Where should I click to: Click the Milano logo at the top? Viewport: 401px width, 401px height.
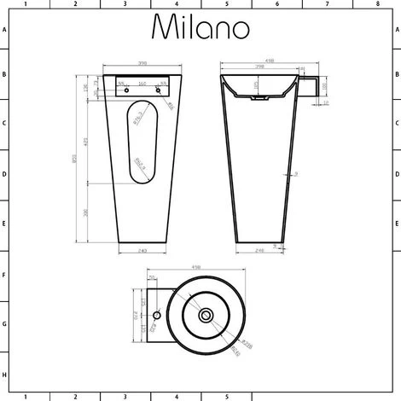[x=200, y=27]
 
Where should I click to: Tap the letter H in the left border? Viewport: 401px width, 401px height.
[x=4, y=375]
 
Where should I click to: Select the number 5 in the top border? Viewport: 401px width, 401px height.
[x=226, y=4]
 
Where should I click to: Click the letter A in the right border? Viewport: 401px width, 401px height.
[x=397, y=28]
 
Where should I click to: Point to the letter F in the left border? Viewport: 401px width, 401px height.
[x=4, y=276]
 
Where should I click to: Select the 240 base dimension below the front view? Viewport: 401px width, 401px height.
[x=142, y=250]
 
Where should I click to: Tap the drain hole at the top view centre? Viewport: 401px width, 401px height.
[x=205, y=316]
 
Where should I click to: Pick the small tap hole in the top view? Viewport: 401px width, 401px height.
[x=157, y=316]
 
